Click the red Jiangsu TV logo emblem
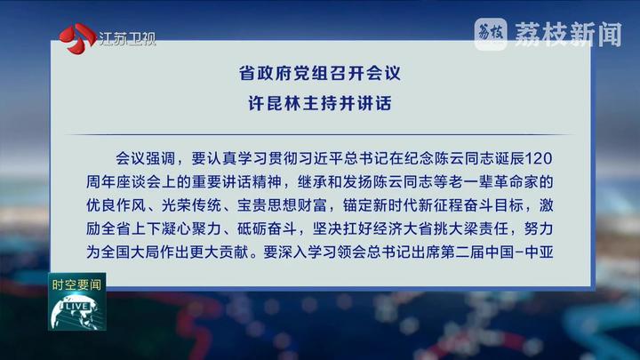click(x=77, y=39)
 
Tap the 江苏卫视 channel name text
click(x=127, y=39)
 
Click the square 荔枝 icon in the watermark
click(x=491, y=35)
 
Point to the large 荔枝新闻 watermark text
click(x=568, y=35)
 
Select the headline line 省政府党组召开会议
click(x=320, y=74)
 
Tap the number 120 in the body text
click(x=539, y=158)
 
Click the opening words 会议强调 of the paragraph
click(x=145, y=158)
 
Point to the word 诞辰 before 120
click(x=510, y=158)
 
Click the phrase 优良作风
click(x=116, y=205)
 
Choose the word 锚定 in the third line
click(x=357, y=205)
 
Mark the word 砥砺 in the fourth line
click(x=252, y=228)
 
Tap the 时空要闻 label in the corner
click(x=76, y=284)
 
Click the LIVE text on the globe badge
click(x=76, y=306)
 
